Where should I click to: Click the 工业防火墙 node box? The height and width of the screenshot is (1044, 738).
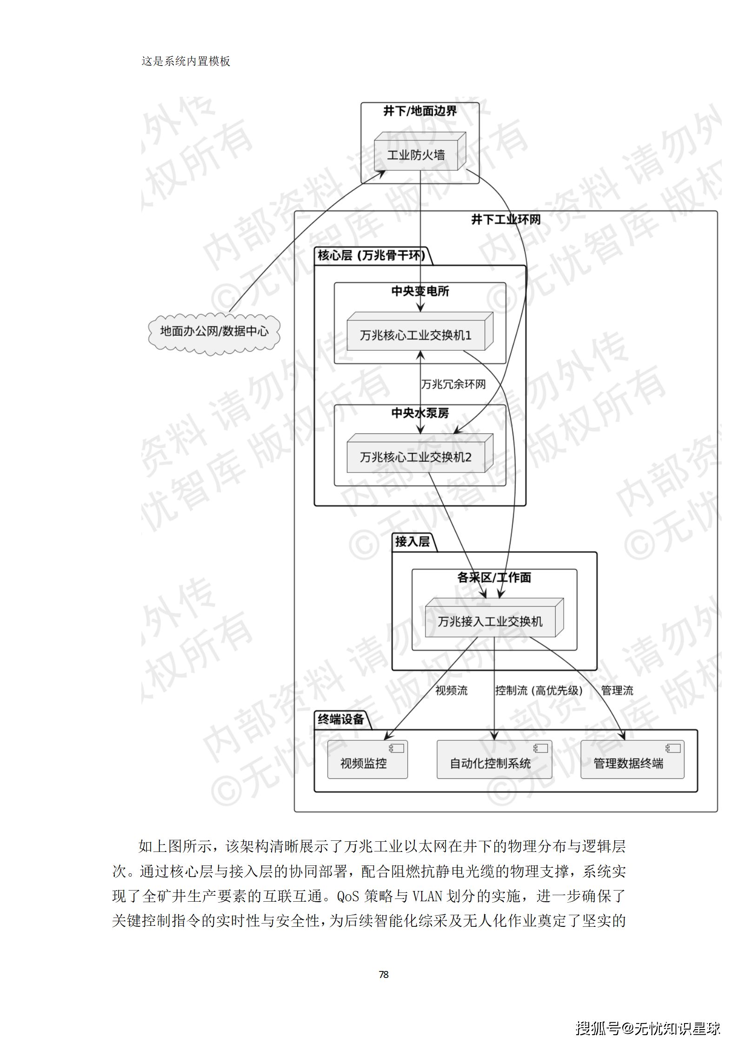click(416, 155)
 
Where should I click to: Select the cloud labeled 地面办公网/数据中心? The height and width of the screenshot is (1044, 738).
click(214, 332)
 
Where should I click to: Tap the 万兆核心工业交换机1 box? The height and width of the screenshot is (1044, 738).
click(416, 335)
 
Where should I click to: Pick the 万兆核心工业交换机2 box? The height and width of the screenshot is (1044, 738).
click(416, 457)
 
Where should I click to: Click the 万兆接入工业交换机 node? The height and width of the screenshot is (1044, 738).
click(490, 621)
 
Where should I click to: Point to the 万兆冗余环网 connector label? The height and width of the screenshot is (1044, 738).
click(453, 384)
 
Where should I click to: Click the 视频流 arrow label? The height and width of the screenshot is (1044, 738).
click(451, 691)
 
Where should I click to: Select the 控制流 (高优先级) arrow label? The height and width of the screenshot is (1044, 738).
click(539, 691)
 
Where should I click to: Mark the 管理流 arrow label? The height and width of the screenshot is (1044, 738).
click(617, 691)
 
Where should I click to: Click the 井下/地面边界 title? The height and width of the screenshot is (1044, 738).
click(420, 111)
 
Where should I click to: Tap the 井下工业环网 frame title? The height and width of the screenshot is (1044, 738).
click(506, 219)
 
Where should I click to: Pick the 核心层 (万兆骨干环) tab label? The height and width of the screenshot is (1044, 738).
click(371, 255)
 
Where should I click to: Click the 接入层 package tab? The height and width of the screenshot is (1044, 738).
click(412, 542)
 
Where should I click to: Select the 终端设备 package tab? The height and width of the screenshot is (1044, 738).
click(341, 719)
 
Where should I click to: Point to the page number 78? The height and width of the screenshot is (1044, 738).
click(384, 974)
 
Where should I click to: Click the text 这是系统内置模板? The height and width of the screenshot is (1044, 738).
click(186, 61)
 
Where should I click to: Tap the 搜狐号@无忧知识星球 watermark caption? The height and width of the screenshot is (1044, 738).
click(648, 1028)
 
